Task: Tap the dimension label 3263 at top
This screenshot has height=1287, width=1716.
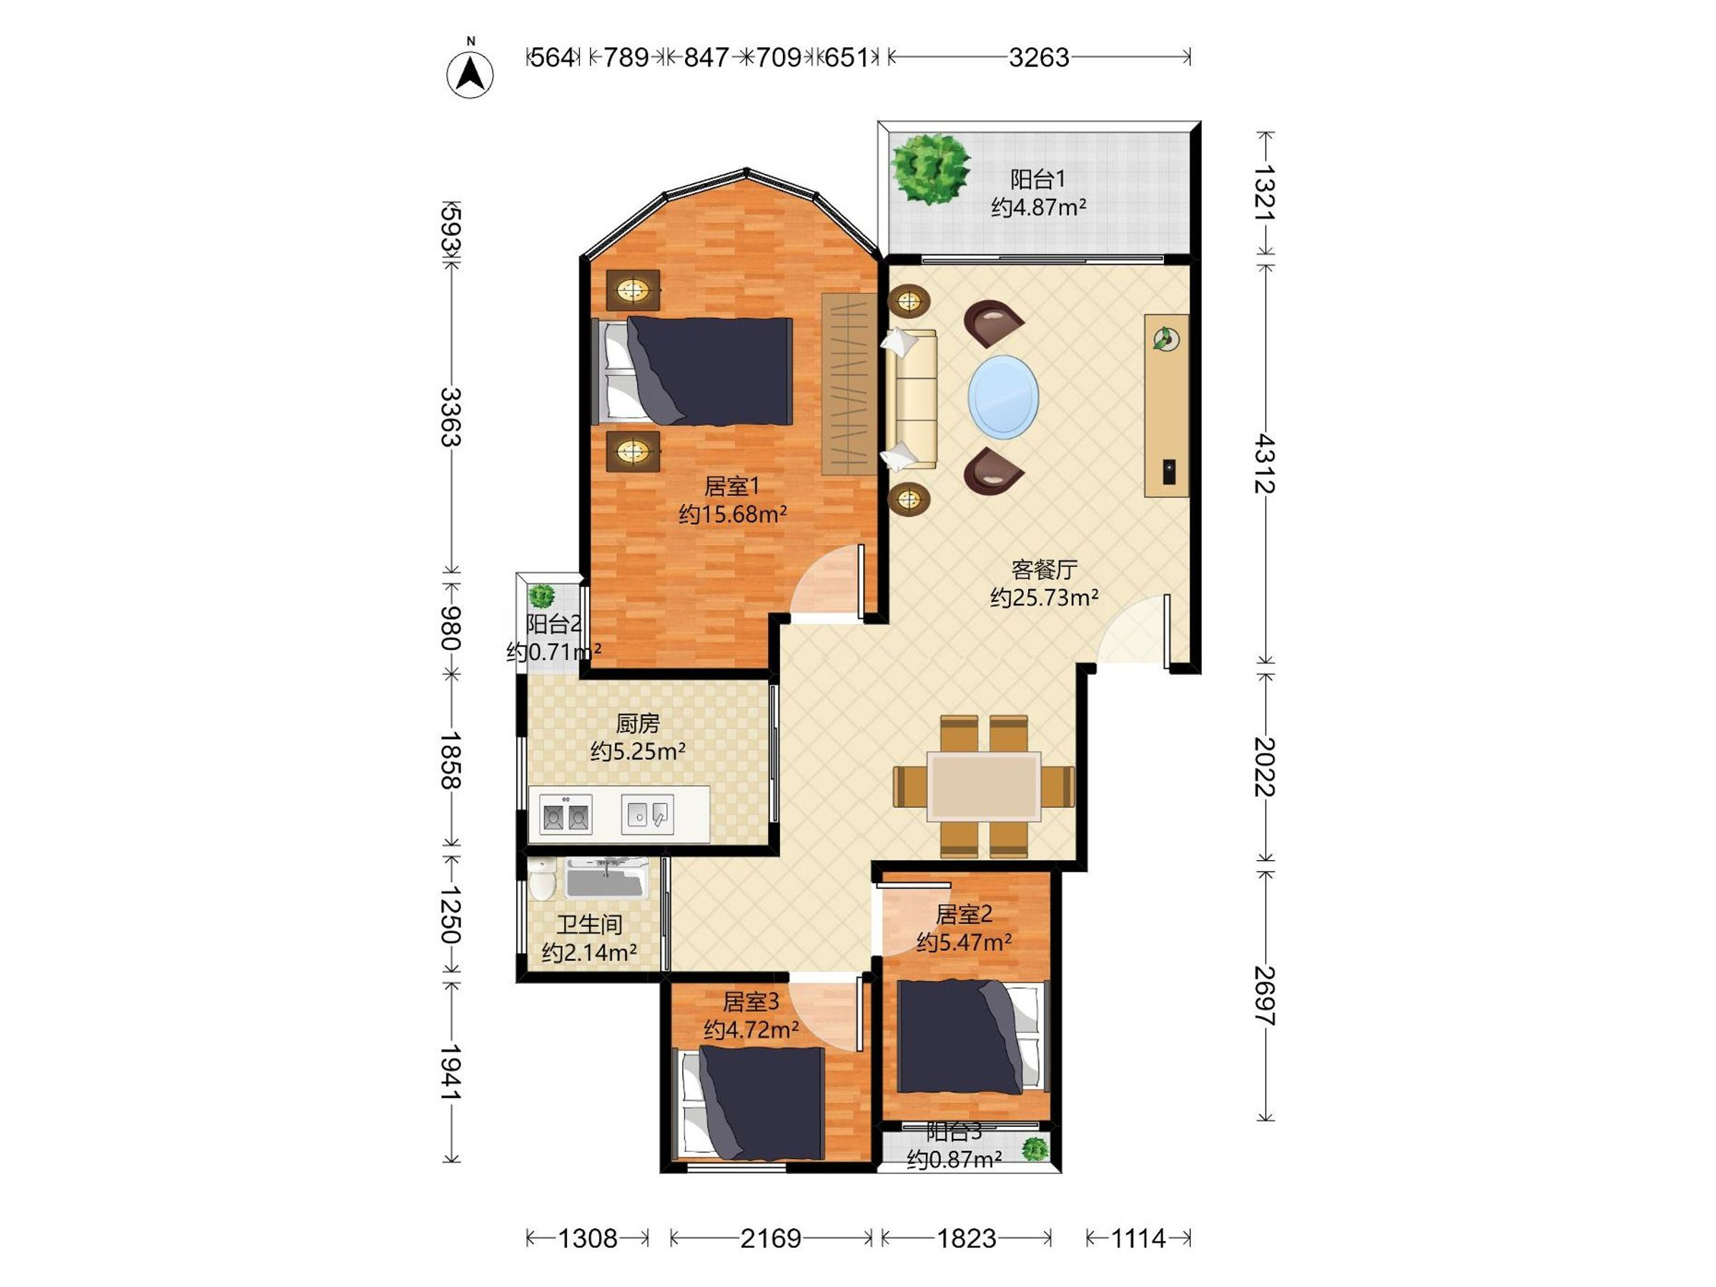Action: coord(1039,57)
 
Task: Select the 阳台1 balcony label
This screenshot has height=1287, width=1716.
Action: coord(1038,179)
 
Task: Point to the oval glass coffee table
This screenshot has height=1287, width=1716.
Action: coord(1003,398)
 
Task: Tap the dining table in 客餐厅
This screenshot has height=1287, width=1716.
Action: coord(985,786)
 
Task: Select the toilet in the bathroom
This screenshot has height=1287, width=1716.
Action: coord(542,879)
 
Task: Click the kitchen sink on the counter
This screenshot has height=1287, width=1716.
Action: coord(647,814)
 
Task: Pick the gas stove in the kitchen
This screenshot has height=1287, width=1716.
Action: coord(566,814)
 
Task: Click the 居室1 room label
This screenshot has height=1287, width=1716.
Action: coord(731,486)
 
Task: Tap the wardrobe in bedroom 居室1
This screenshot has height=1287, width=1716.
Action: coord(849,384)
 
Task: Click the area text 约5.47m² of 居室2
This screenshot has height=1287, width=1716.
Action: coord(964,942)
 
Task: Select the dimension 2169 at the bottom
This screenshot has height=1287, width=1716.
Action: coord(770,1238)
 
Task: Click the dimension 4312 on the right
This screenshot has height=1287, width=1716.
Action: coord(1265,463)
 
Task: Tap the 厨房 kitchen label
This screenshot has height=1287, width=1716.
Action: coord(638,724)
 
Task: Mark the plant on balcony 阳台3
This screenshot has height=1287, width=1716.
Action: coord(1035,1149)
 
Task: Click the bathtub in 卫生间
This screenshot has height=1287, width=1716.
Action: coord(606,878)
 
